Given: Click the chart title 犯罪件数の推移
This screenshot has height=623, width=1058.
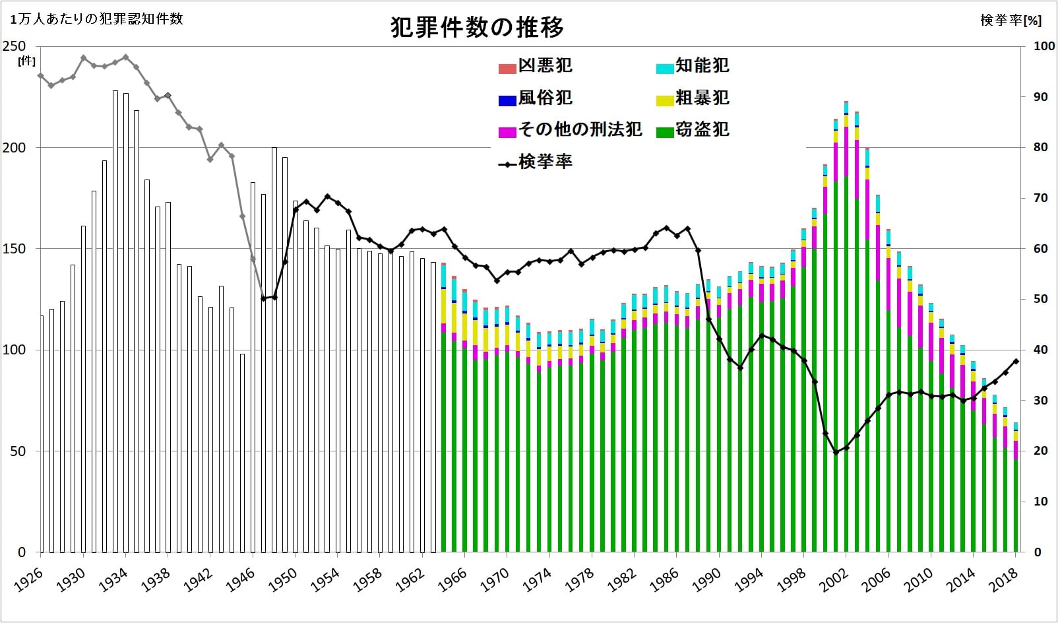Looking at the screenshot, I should (x=477, y=28).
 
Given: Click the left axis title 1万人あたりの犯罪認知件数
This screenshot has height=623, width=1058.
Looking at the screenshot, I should (x=96, y=19).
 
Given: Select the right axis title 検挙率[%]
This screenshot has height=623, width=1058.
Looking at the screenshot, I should (x=1011, y=20).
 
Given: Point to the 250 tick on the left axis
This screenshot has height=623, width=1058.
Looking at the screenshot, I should (x=15, y=46).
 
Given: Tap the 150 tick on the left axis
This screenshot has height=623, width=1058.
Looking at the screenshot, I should (x=15, y=249).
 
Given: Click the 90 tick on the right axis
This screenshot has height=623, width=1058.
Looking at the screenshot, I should (x=1040, y=97).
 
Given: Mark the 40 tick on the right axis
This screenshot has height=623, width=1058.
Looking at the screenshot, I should (x=1040, y=350).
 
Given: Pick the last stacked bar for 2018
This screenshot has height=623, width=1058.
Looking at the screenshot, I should (x=1016, y=488).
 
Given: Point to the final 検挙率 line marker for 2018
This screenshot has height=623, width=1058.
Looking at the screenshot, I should (x=1016, y=361).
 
